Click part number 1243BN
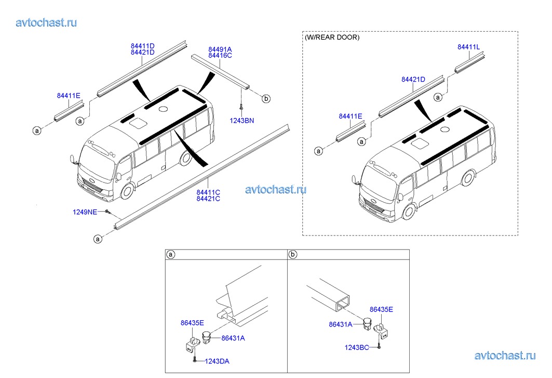coord(241,121)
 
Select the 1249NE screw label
coord(85,212)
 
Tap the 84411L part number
coord(468,47)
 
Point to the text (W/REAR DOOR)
coord(332,37)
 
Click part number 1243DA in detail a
coord(217,361)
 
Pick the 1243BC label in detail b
coord(357,348)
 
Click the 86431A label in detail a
coord(233,338)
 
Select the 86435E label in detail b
coord(381,309)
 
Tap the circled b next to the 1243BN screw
coord(266,99)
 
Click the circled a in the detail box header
coord(171,255)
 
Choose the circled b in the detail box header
coord(292,255)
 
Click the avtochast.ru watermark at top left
coord(46,22)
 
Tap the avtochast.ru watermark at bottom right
coord(505,356)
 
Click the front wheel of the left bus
coord(127,191)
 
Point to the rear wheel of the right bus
coord(468,178)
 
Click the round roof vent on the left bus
coord(163,109)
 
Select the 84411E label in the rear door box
coord(351,116)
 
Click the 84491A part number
coord(220,50)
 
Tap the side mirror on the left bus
coord(73,160)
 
